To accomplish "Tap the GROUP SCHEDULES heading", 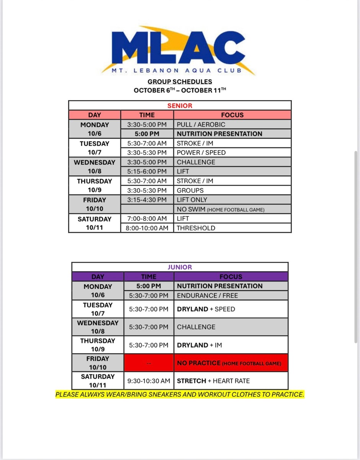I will pos(180,82).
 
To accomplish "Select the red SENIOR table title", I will pos(180,105).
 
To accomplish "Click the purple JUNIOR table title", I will pos(180,267).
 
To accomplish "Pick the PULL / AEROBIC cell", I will pos(201,125).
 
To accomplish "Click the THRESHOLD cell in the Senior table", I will pos(196,228).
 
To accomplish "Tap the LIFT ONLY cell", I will pos(192,200).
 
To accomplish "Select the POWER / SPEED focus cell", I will pos(201,153).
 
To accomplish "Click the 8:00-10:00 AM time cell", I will pos(147,228).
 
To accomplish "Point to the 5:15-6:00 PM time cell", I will pos(147,171).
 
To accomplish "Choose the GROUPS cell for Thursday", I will pos(190,191).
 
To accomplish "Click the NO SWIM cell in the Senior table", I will pos(220,209).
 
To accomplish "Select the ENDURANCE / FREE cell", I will pos(207,296).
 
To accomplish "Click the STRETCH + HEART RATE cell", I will pos(213,381).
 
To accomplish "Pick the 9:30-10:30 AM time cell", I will pos(149,381).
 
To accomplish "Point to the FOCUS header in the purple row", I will pos(231,277).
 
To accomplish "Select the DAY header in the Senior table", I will pos(95,115).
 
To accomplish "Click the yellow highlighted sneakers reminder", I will pos(180,394).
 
